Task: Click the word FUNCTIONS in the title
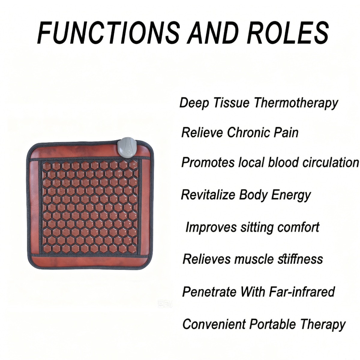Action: pos(109,33)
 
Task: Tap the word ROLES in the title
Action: pos(288,33)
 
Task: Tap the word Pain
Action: pos(286,133)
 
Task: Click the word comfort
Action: pos(298,227)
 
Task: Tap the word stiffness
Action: pos(300,259)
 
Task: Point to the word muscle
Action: pos(254,259)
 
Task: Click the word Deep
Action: pos(194,103)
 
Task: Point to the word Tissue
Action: pos(231,103)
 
